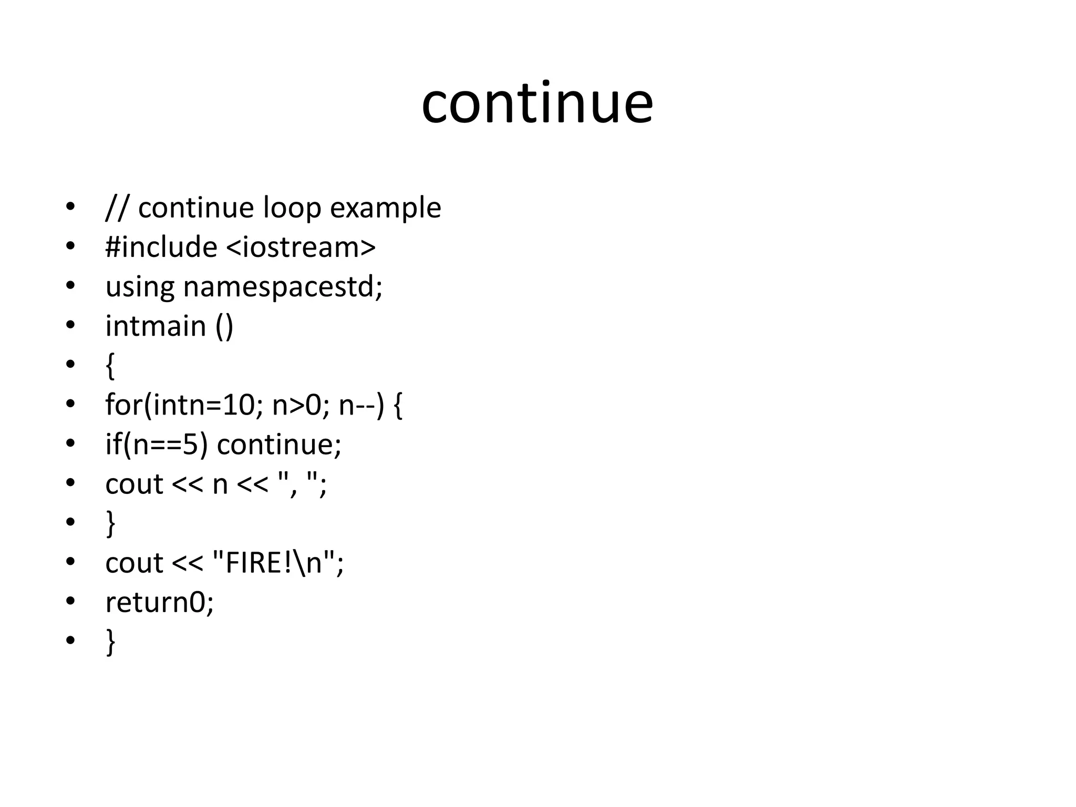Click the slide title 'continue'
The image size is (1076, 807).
[x=537, y=104]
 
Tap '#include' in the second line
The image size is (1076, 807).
[x=161, y=247]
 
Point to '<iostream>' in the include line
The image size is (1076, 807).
[x=301, y=247]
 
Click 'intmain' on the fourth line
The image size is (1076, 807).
[x=156, y=326]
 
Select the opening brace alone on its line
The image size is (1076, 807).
[x=110, y=366]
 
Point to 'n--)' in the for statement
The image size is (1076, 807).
[x=361, y=406]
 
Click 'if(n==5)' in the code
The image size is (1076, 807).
[x=157, y=445]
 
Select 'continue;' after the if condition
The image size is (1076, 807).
[x=279, y=444]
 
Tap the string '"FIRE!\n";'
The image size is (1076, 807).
[x=278, y=563]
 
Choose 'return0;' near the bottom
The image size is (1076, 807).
[x=160, y=602]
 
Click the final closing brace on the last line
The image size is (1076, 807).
[x=110, y=642]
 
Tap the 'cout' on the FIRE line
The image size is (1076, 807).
[x=134, y=563]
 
